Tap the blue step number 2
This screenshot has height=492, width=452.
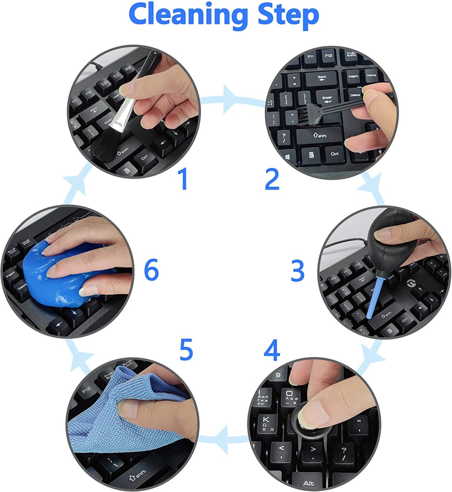(272, 179)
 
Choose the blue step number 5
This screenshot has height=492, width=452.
(186, 349)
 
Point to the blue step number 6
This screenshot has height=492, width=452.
(151, 270)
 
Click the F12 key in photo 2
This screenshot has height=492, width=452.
(328, 56)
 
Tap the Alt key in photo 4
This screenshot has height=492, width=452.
(309, 483)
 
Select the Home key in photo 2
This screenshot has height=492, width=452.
(371, 75)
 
